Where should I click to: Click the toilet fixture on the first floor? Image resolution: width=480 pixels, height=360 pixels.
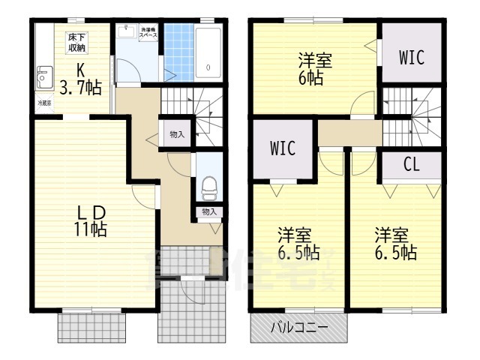pyautogui.click(x=208, y=182)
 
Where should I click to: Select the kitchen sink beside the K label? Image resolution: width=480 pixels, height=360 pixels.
pyautogui.click(x=42, y=75)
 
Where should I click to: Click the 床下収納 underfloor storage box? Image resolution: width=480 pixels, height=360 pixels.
pyautogui.click(x=77, y=43)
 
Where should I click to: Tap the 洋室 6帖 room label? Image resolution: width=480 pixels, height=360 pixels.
pyautogui.click(x=315, y=67)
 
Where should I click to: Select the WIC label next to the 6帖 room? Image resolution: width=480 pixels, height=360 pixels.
pyautogui.click(x=411, y=56)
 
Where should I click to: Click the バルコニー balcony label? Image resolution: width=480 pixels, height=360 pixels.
pyautogui.click(x=298, y=328)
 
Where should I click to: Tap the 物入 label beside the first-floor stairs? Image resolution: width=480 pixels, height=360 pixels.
pyautogui.click(x=177, y=135)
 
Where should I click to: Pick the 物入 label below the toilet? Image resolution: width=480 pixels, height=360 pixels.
pyautogui.click(x=208, y=212)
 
